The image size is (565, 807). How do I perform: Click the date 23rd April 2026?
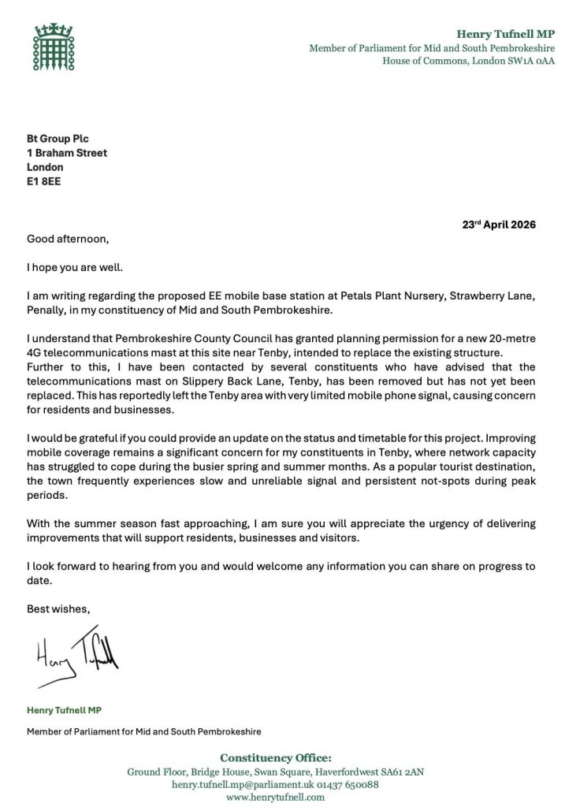pyautogui.click(x=499, y=224)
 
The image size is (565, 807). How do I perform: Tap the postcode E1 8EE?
pyautogui.click(x=44, y=181)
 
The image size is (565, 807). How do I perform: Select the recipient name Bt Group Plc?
pyautogui.click(x=58, y=139)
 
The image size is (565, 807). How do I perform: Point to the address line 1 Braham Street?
pyautogui.click(x=67, y=153)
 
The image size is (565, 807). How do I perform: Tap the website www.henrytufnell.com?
pyautogui.click(x=275, y=798)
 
